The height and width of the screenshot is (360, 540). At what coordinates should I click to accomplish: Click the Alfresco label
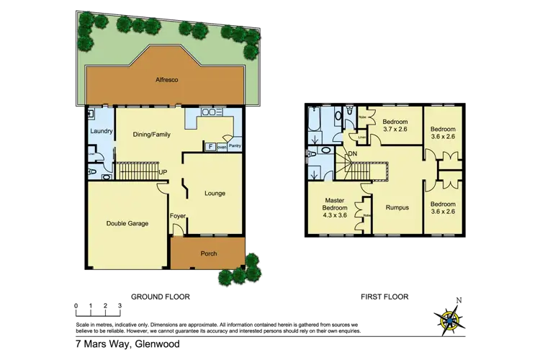pyautogui.click(x=166, y=81)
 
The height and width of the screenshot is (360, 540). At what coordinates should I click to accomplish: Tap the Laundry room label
pyautogui.click(x=99, y=130)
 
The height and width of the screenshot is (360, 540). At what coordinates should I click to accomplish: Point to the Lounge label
pyautogui.click(x=215, y=193)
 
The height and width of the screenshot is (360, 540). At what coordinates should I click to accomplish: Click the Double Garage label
pyautogui.click(x=128, y=223)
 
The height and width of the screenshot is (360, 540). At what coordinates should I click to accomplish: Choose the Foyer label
pyautogui.click(x=177, y=216)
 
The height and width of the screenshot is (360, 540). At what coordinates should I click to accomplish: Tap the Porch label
pyautogui.click(x=207, y=253)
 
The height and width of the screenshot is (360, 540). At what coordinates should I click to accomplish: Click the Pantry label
pyautogui.click(x=235, y=146)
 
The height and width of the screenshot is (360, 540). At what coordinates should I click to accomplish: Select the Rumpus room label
pyautogui.click(x=397, y=207)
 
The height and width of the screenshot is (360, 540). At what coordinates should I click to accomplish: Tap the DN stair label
pyautogui.click(x=353, y=154)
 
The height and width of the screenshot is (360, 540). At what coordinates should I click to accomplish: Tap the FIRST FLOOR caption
pyautogui.click(x=384, y=297)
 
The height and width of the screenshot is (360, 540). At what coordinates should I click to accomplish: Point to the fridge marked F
pyautogui.click(x=210, y=146)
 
